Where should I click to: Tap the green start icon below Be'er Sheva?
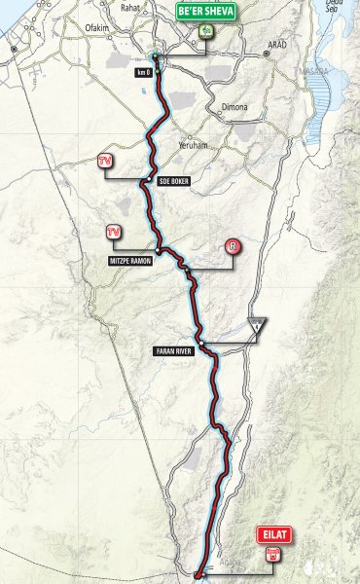(x=206, y=31)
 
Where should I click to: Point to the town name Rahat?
(x=129, y=8)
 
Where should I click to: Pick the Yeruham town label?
(x=194, y=145)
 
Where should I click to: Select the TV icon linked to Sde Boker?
(x=107, y=161)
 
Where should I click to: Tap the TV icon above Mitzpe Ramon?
(x=114, y=232)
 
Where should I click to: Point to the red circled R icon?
(x=232, y=247)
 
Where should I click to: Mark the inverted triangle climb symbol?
(x=256, y=326)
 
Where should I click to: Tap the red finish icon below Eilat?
(x=272, y=553)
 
